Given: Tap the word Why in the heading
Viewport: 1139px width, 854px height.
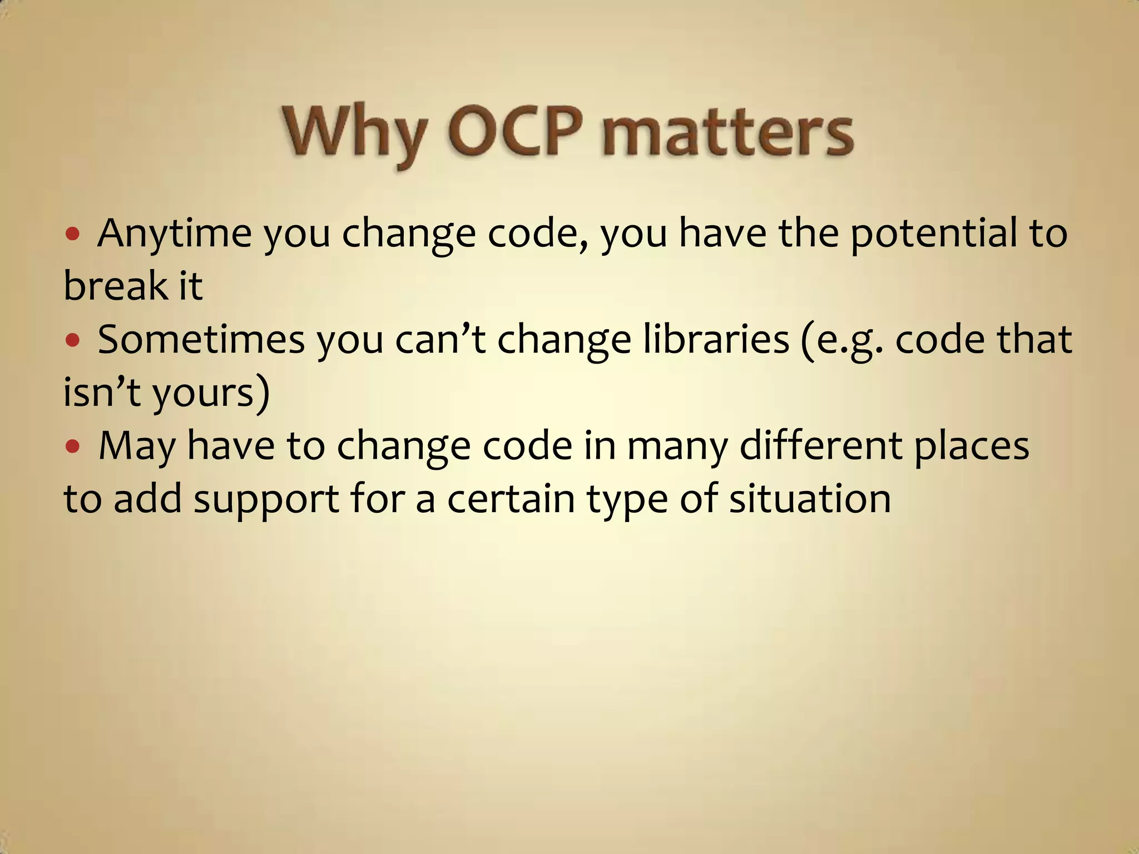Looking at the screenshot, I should [355, 133].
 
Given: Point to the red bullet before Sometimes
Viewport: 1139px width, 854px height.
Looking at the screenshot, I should [73, 340].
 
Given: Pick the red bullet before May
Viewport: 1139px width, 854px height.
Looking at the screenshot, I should [73, 446].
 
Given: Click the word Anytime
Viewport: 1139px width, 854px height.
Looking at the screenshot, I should [174, 234].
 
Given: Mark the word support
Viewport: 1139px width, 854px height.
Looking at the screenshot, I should [266, 499].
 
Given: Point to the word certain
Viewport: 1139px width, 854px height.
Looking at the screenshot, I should [511, 498].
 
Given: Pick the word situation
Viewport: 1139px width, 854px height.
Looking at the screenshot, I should [810, 498].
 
